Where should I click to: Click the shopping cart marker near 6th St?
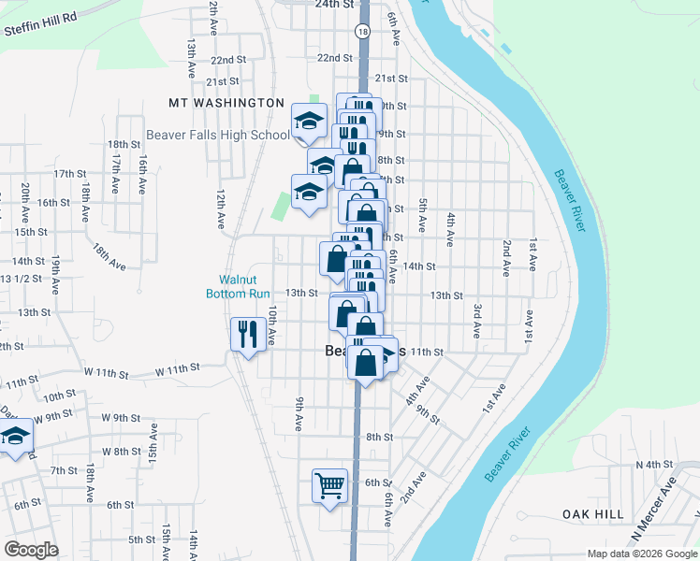click(329, 485)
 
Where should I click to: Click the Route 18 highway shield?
click(361, 32)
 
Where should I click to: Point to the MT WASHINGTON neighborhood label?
click(226, 103)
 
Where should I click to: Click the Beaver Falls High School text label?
click(218, 135)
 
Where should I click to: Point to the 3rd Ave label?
click(476, 321)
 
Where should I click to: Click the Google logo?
click(31, 550)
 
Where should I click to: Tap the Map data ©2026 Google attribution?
click(641, 554)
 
